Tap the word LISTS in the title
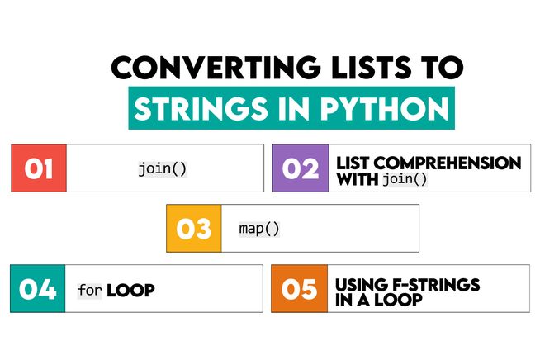point(335,69)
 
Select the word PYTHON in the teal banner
point(391,109)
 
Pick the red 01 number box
point(39,168)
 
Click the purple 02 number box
point(300,168)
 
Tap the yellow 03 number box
point(194,228)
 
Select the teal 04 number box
point(39,288)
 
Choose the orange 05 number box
point(300,288)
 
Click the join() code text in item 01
point(162,168)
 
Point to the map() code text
point(259,228)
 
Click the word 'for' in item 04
point(89,290)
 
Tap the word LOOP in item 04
point(130,290)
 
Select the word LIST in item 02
point(352,162)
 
